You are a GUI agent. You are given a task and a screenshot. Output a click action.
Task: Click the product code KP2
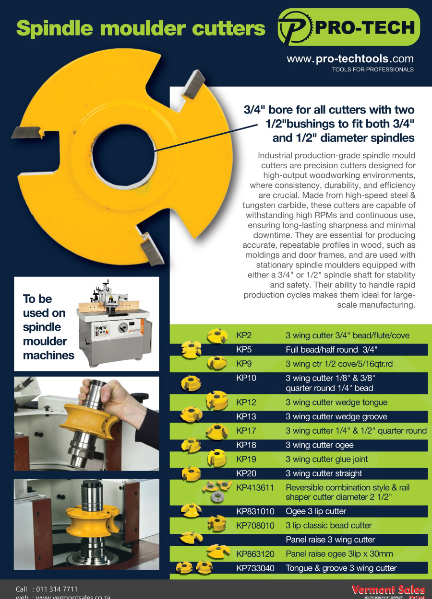pos(244,335)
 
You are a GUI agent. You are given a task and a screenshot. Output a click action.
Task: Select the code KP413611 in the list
pos(255,487)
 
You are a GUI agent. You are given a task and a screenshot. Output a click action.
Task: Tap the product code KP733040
pos(255,568)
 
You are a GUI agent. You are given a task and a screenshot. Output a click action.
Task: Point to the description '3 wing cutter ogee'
pos(319,445)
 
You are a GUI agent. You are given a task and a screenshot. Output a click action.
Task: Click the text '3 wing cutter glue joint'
pos(326,459)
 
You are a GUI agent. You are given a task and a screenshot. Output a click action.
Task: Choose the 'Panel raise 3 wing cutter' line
pos(330,540)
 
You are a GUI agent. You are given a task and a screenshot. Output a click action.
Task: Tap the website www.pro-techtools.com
pos(350,59)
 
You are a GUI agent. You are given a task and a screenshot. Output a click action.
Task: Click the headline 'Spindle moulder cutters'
pos(141,28)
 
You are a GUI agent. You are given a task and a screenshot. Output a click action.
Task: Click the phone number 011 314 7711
pos(57,589)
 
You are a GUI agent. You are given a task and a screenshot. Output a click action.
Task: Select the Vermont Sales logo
pos(388,590)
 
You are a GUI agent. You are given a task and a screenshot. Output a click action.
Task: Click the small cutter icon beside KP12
pos(217,401)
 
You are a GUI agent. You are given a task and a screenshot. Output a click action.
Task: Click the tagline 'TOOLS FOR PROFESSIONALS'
pos(372,69)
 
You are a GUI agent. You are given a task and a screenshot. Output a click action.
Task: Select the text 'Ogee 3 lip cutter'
pos(315,511)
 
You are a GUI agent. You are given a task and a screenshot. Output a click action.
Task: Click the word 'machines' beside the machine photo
pos(48,356)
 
